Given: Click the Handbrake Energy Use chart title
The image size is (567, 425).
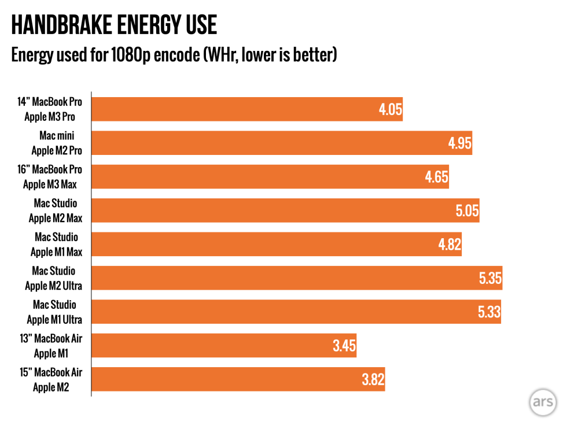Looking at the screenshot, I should pyautogui.click(x=114, y=25).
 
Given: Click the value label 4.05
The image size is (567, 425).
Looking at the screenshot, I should pyautogui.click(x=391, y=109).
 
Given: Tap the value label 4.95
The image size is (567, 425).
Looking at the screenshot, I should pyautogui.click(x=460, y=143).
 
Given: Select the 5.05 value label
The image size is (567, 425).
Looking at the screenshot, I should pyautogui.click(x=467, y=210).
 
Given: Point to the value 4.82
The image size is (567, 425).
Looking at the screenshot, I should pyautogui.click(x=450, y=245).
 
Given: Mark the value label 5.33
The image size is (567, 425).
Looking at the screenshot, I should pyautogui.click(x=489, y=312).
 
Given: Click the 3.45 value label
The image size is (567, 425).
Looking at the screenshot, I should pyautogui.click(x=344, y=346).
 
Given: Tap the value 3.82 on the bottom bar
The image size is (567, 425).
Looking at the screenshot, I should pyautogui.click(x=373, y=380).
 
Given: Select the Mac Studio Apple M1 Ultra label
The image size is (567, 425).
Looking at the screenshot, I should pyautogui.click(x=54, y=312).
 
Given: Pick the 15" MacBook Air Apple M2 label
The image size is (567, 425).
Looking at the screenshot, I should pyautogui.click(x=51, y=380).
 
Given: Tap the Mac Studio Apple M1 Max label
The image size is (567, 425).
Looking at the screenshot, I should pyautogui.click(x=56, y=245).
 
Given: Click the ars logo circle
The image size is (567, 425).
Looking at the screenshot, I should pyautogui.click(x=542, y=402).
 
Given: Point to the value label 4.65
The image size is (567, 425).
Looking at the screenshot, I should pyautogui.click(x=436, y=177).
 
